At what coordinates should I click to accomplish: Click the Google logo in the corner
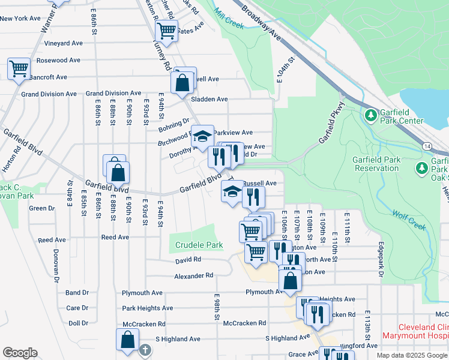20,353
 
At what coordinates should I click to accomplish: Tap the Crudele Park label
199,245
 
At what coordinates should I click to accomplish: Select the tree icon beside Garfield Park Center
371,114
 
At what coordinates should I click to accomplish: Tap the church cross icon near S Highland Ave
145,349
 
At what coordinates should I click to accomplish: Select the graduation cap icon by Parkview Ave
203,136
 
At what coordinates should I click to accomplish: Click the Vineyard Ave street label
63,43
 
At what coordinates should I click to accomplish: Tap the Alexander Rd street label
194,275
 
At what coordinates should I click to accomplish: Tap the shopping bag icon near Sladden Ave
183,83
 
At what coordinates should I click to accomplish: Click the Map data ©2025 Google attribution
412,355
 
